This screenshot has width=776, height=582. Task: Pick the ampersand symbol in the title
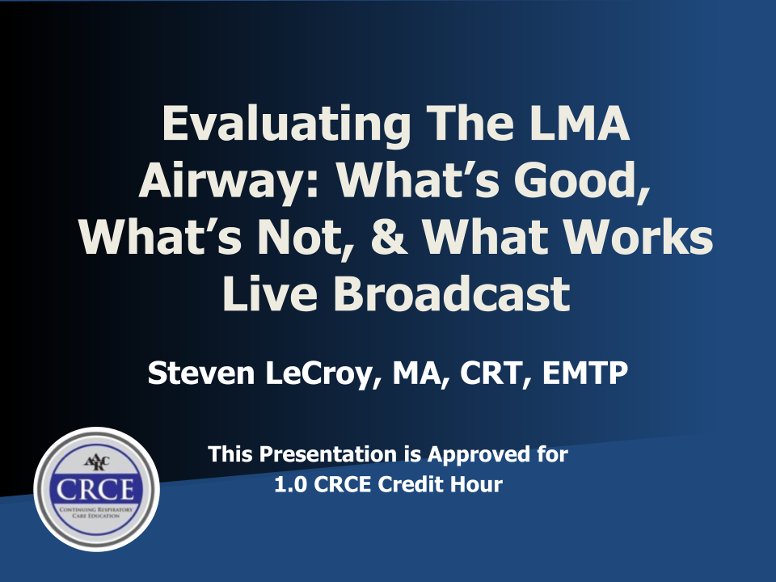click(x=388, y=237)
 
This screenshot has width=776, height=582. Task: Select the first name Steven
click(x=201, y=373)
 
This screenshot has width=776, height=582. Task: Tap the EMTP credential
click(x=585, y=373)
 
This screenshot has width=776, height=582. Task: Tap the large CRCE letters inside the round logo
click(x=95, y=490)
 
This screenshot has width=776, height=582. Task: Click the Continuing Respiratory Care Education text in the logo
click(x=96, y=512)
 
